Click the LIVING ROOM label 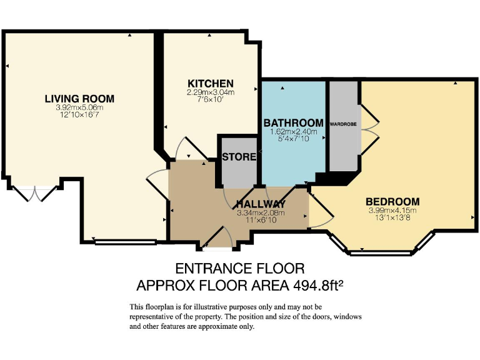(x=79, y=98)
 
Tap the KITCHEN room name (x=211, y=84)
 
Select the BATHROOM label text (x=293, y=122)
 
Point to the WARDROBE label (x=343, y=124)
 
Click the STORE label (x=239, y=157)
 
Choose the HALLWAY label (x=261, y=204)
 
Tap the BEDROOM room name (x=392, y=201)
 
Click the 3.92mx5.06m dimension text (x=79, y=107)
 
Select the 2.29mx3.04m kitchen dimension (x=211, y=92)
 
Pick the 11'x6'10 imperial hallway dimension (x=261, y=221)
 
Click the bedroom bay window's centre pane (x=381, y=253)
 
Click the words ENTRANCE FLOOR (x=240, y=269)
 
